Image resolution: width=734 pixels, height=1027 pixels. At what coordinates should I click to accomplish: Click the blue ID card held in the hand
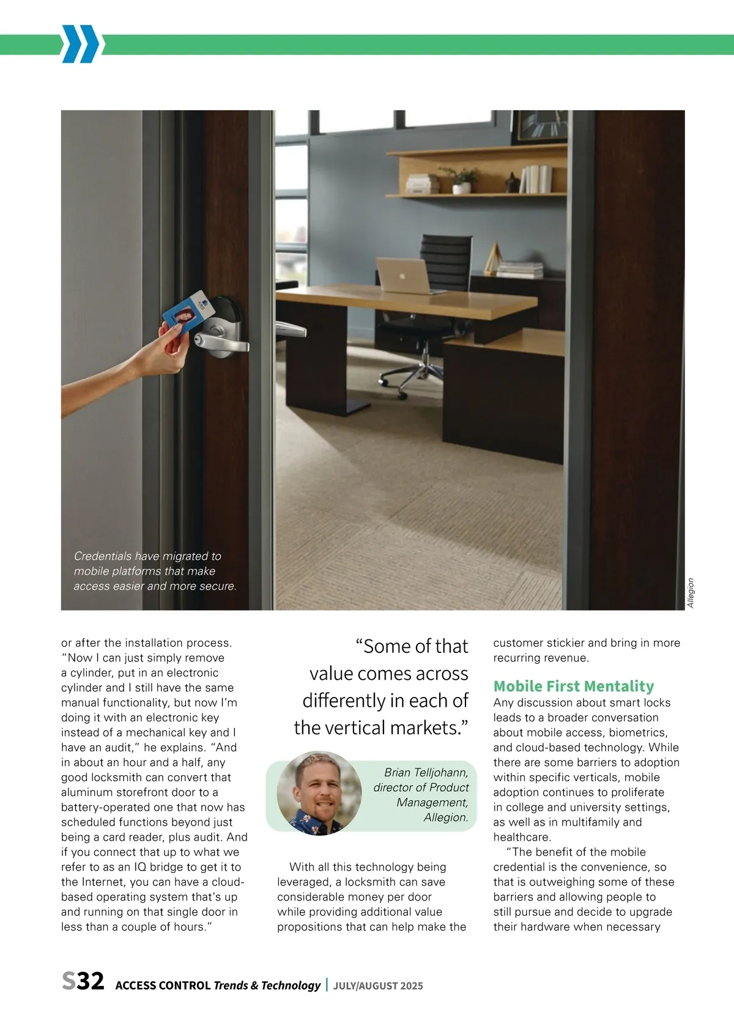(189, 313)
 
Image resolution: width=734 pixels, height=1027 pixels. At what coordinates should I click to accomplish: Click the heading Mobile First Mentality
(574, 686)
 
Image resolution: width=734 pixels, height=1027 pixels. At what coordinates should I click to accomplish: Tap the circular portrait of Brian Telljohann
(319, 793)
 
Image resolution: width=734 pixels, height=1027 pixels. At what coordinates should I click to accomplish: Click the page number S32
(83, 981)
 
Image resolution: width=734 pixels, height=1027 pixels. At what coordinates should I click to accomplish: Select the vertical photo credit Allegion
(691, 593)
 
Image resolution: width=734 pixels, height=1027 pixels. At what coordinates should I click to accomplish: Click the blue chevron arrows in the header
(80, 44)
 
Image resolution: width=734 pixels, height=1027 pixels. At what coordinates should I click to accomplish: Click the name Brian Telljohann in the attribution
(426, 773)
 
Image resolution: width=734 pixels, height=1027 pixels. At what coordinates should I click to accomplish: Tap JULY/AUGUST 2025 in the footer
(378, 985)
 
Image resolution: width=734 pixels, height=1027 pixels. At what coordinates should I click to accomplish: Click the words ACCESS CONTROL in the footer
(163, 985)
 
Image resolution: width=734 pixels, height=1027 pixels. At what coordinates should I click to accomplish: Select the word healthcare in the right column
(522, 837)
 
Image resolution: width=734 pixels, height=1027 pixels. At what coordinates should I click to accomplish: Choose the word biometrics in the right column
(637, 732)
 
